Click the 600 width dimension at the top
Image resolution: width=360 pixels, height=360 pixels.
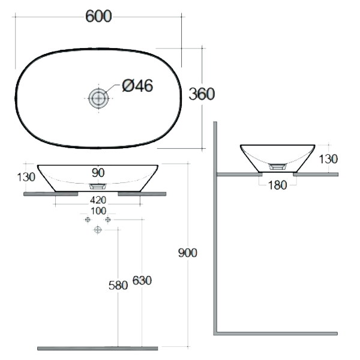coord(98,17)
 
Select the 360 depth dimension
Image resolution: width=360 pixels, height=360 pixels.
coord(202,94)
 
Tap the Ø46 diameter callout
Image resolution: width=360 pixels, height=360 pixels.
coord(137,86)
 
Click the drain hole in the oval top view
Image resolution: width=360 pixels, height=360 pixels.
coord(98,98)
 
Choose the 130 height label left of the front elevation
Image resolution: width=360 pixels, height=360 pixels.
coord(26,177)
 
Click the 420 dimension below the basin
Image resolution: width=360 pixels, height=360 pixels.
coord(98,200)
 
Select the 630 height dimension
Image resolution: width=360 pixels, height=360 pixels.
coord(142,280)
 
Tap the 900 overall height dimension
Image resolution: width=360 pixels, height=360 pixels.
coord(188,253)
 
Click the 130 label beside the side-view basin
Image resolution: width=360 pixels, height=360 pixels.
coord(329,159)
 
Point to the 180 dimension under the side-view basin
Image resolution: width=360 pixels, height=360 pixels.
coord(277,185)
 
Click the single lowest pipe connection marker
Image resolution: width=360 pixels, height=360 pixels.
coord(98,230)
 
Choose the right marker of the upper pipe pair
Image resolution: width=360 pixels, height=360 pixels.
coord(108,220)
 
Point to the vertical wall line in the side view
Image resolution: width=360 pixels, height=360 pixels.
coord(215,228)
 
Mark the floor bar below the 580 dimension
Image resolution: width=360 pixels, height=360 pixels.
coord(97,348)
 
